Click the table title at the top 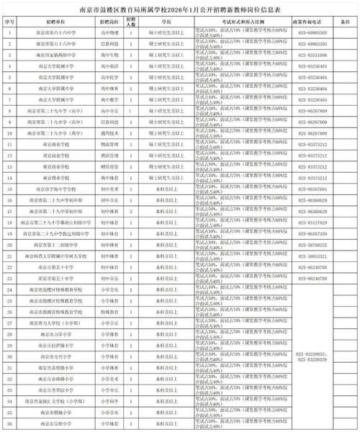pyautogui.click(x=180, y=10)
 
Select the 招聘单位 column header pyautogui.click(x=58, y=23)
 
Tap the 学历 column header pyautogui.click(x=166, y=23)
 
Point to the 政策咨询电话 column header pyautogui.click(x=312, y=23)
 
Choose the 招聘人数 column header pyautogui.click(x=130, y=23)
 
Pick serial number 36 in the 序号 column pyautogui.click(x=9, y=423)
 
